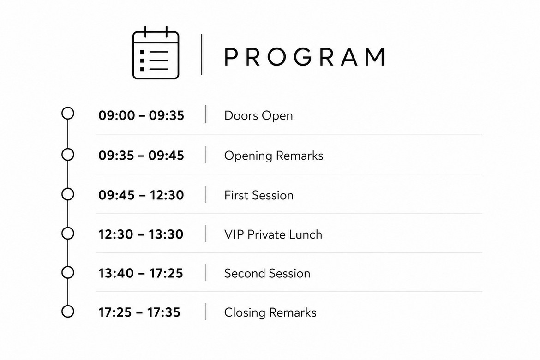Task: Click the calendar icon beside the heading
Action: (x=156, y=53)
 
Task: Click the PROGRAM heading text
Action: (x=305, y=56)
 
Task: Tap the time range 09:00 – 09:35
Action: (x=141, y=115)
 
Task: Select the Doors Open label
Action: (x=258, y=116)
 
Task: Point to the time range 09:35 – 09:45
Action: (x=141, y=156)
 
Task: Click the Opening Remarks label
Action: (x=273, y=156)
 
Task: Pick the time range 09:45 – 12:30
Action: (x=141, y=195)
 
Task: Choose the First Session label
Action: (x=258, y=195)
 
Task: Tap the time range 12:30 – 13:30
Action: (x=140, y=234)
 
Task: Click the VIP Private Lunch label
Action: (x=273, y=234)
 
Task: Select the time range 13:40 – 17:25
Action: (x=140, y=273)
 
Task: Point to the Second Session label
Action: (x=267, y=274)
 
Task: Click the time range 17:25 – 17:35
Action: (x=139, y=312)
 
